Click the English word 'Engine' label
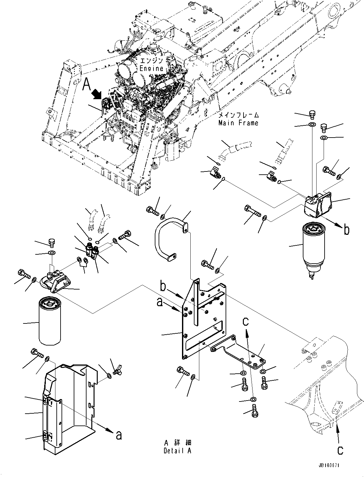pos(151,68)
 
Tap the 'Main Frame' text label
pos(238,123)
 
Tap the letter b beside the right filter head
pos(346,230)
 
